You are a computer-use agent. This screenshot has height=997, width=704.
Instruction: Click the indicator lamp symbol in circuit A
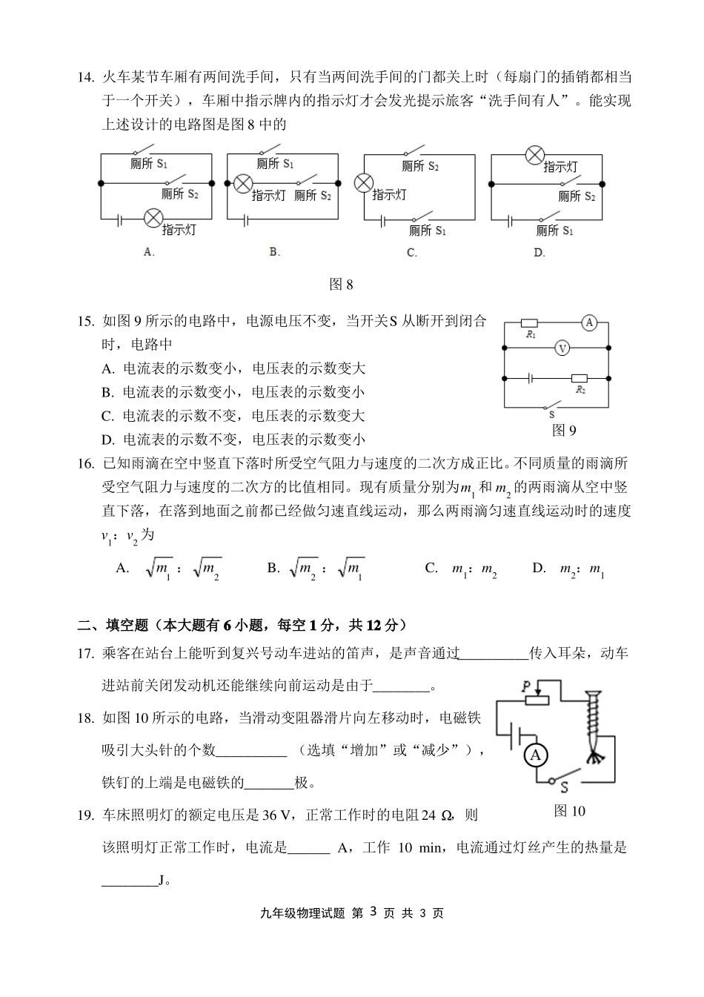pyautogui.click(x=153, y=217)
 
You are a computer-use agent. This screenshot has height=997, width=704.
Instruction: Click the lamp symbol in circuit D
pyautogui.click(x=534, y=155)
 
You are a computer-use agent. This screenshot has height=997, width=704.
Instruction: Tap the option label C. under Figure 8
pyautogui.click(x=412, y=252)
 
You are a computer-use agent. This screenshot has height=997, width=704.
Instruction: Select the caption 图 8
pyautogui.click(x=341, y=284)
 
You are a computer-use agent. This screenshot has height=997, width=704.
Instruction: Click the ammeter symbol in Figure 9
pyautogui.click(x=588, y=322)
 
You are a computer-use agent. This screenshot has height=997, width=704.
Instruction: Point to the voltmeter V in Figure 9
pyautogui.click(x=562, y=347)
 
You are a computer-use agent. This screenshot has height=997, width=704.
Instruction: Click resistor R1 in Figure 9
pyautogui.click(x=530, y=323)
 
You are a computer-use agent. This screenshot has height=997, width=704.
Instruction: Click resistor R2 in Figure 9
pyautogui.click(x=580, y=378)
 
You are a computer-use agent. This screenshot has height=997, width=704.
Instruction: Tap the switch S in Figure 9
pyautogui.click(x=551, y=406)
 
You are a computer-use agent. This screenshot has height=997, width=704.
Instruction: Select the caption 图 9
pyautogui.click(x=564, y=430)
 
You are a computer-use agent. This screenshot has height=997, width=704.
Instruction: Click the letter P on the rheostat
pyautogui.click(x=525, y=686)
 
